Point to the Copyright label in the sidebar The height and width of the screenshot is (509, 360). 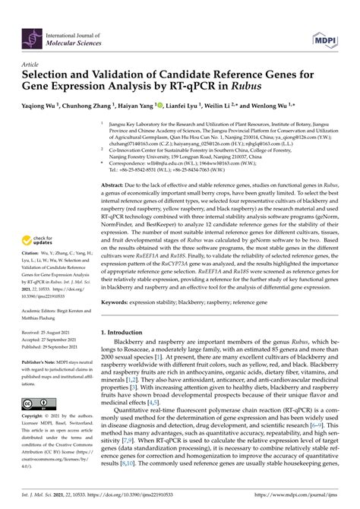pos(35,418)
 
